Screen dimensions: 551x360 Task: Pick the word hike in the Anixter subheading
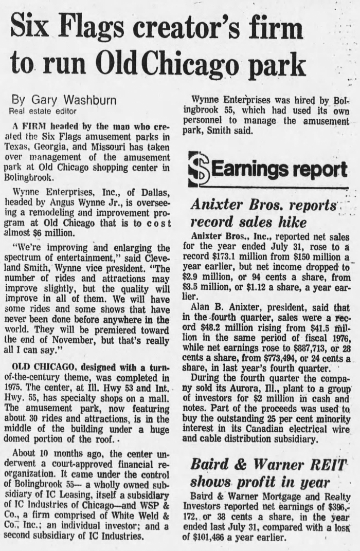click(291, 223)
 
